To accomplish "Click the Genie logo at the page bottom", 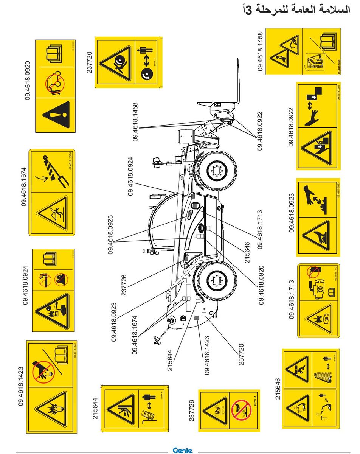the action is pyautogui.click(x=182, y=450).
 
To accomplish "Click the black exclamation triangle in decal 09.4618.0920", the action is pyautogui.click(x=56, y=115).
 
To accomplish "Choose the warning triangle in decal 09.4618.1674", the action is pyautogui.click(x=53, y=213).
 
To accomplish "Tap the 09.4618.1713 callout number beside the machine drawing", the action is pyautogui.click(x=260, y=230).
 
